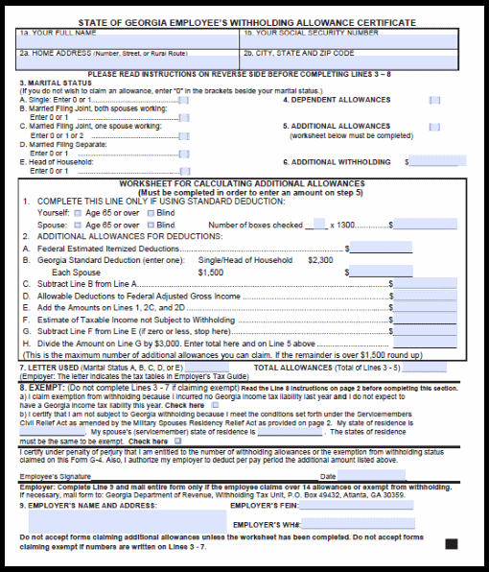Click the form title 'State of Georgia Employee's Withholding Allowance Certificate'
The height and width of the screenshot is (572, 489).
(244, 21)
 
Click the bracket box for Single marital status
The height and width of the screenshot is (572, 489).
(183, 100)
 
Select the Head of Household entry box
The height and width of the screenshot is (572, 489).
(183, 171)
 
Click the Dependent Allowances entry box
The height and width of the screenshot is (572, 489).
(434, 100)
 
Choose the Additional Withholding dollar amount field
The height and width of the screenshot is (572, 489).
(440, 162)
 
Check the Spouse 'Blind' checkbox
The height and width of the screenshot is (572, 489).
(147, 225)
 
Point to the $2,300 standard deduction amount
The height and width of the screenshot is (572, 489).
(320, 259)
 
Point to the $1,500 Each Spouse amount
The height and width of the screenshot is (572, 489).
(211, 272)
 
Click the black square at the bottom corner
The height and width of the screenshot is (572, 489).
(451, 543)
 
